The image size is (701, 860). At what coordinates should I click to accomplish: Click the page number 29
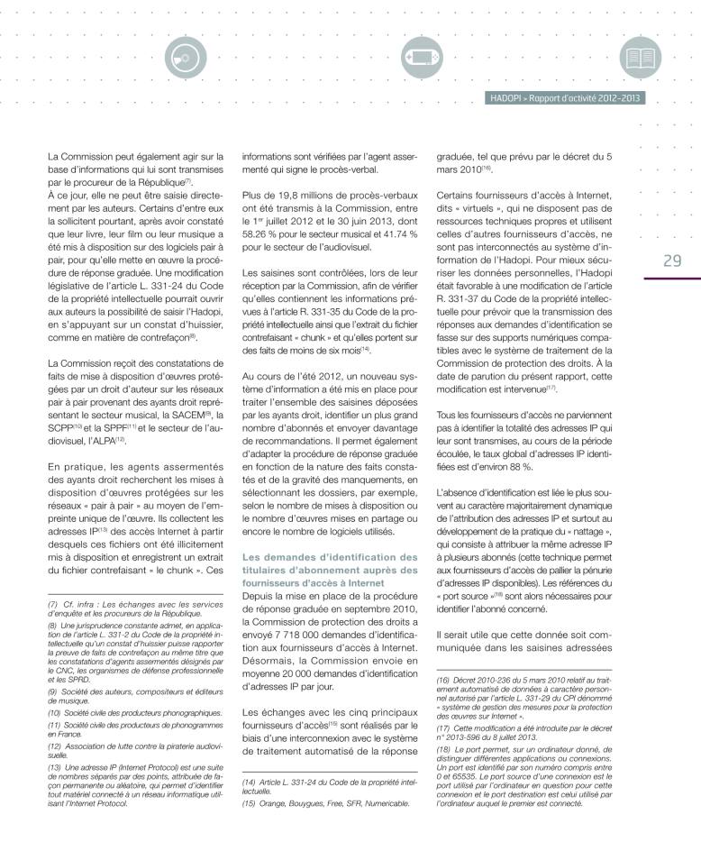(x=671, y=261)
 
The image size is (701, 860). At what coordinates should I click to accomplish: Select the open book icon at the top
(x=641, y=58)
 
